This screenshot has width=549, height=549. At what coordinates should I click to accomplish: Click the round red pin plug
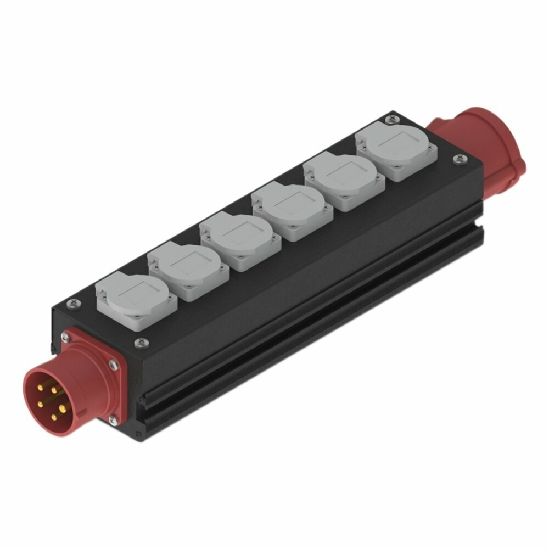[x=52, y=393]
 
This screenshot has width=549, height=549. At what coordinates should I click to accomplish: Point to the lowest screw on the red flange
[x=113, y=421]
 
